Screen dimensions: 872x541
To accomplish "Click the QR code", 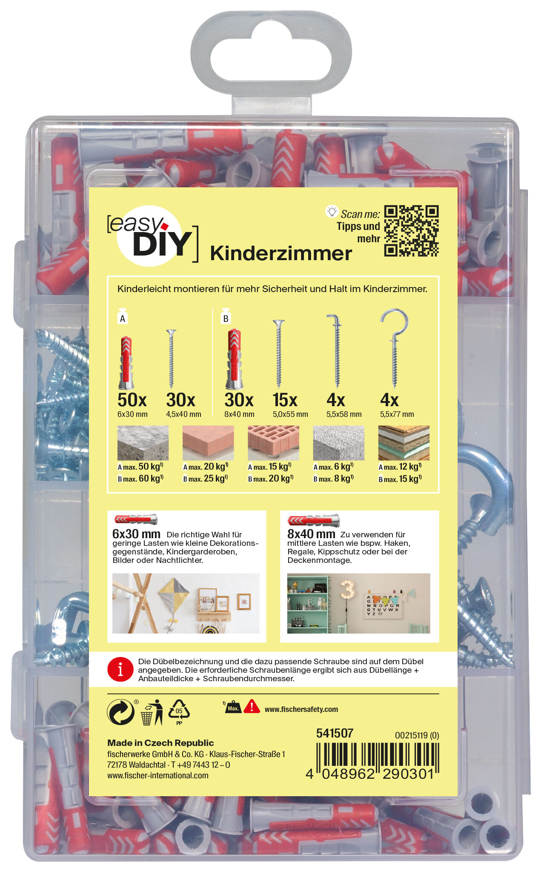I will (x=411, y=231).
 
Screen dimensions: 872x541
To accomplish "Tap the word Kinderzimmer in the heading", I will (x=281, y=253).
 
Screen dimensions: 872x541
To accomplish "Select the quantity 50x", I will (x=132, y=400).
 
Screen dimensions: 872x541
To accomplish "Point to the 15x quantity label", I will (x=285, y=400).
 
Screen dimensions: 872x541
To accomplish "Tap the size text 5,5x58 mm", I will (x=344, y=414).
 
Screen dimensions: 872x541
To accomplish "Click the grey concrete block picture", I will (x=143, y=443).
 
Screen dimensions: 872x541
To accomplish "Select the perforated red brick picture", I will (x=273, y=443).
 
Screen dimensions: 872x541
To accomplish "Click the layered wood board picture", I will (x=404, y=443).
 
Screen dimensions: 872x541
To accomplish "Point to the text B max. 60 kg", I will (x=140, y=479).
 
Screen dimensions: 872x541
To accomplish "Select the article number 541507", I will (x=335, y=733).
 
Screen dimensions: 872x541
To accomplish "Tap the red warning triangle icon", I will (x=252, y=707).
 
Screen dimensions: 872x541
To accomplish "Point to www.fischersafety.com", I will (x=301, y=709).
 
